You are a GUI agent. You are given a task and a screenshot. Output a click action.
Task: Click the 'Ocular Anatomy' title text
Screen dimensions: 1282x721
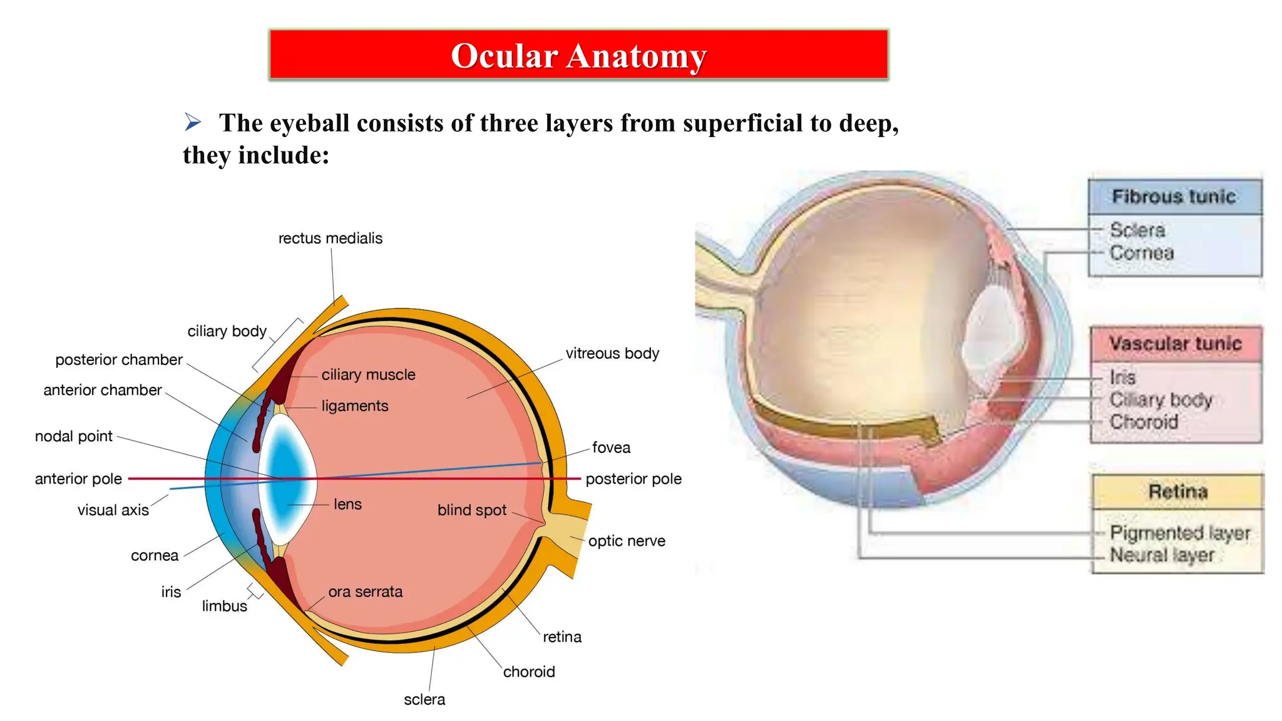(578, 56)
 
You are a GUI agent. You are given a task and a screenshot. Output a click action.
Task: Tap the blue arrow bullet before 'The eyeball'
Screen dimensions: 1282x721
(192, 121)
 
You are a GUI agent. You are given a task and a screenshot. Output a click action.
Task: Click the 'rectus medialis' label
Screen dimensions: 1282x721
(330, 238)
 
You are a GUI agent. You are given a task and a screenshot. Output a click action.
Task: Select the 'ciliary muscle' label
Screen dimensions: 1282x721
(368, 375)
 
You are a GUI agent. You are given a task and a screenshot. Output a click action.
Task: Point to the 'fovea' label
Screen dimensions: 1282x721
(611, 447)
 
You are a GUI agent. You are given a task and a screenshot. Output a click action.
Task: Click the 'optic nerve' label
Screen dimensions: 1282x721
(627, 541)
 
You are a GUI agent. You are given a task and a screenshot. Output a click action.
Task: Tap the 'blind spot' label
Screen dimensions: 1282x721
(471, 510)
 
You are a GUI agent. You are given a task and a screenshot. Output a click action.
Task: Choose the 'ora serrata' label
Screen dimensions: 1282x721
(365, 591)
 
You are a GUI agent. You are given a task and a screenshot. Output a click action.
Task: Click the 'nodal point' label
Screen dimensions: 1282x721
(74, 436)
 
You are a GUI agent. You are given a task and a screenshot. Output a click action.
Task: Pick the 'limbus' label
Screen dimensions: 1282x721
(224, 606)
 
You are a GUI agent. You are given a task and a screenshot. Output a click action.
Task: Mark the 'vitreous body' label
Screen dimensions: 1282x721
(612, 354)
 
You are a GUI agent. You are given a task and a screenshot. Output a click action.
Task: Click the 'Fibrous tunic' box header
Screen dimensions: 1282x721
(1174, 197)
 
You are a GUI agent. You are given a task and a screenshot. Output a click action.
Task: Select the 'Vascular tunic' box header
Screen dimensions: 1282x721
(1175, 344)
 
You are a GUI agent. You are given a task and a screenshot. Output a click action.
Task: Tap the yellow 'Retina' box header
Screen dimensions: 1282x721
(1177, 491)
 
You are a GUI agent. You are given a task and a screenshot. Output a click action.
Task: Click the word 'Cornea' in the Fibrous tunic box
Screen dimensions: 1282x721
(1142, 253)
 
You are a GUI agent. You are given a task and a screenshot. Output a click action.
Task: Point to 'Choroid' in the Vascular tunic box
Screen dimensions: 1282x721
(1144, 422)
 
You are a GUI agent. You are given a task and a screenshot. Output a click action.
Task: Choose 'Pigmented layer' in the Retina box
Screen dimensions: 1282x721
(1180, 533)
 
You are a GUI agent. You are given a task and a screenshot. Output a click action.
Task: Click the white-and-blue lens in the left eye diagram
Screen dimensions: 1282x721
(287, 479)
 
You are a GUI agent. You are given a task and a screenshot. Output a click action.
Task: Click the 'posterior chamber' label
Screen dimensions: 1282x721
(119, 360)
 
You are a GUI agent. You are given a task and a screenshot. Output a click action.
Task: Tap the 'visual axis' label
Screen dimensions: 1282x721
(113, 510)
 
